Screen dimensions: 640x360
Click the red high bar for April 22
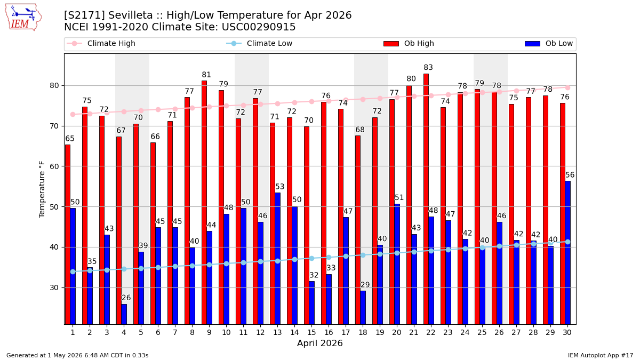[x=426, y=199]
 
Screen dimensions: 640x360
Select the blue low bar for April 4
[x=124, y=314]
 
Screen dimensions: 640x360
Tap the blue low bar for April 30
[x=567, y=253]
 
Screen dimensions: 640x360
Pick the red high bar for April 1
[x=68, y=235]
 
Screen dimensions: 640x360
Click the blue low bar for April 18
[x=363, y=308]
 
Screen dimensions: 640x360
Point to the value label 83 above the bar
[x=428, y=67]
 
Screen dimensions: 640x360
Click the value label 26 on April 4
[x=126, y=298]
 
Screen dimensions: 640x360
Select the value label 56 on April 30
[x=570, y=175]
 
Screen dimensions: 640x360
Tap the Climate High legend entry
[x=101, y=43]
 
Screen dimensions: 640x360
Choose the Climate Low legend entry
[x=259, y=43]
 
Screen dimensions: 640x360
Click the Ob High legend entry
[x=409, y=43]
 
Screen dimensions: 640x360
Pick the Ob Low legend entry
[x=549, y=43]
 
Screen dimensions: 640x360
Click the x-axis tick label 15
[x=311, y=333]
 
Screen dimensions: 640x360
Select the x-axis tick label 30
[x=567, y=333]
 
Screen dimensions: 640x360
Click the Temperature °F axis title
[x=42, y=189]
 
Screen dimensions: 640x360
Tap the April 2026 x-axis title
[x=319, y=343]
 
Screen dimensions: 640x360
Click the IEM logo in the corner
[x=23, y=18]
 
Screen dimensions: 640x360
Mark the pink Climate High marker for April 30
[x=567, y=88]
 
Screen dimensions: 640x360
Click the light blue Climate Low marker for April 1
[x=73, y=271]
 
